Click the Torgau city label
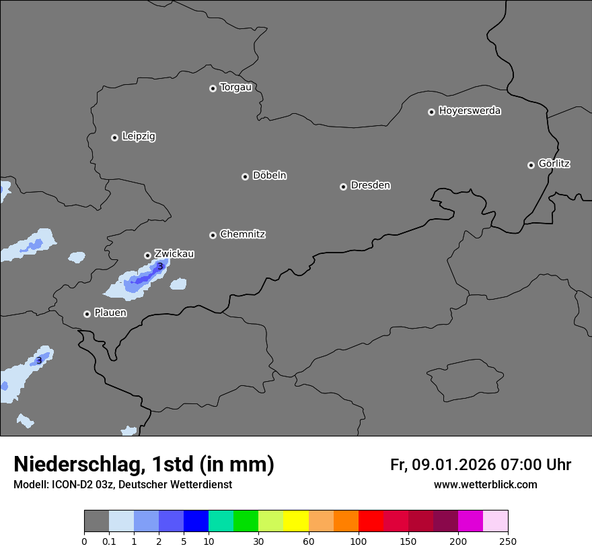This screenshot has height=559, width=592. pos(235,88)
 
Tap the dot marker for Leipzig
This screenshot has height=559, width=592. pos(114,137)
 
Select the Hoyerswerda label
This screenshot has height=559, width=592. pos(470,111)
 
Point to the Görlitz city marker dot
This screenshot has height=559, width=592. pos(531,165)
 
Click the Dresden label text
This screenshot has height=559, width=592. pos(370,185)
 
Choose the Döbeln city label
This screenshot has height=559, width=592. pos(269,176)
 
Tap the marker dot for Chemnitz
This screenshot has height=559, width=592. pos(213,235)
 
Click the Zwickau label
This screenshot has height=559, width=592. pos(174,254)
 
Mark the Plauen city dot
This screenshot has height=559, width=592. pos(87,314)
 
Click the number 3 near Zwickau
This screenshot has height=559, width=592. pos(160,267)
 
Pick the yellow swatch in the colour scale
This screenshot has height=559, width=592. pos(296,521)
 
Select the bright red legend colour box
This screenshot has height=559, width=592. pos(371,521)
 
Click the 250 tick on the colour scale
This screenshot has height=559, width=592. pos(508,541)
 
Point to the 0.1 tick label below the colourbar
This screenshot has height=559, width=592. pos(109,541)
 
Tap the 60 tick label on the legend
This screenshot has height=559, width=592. pos(309,541)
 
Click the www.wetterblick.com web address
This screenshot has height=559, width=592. pos(485,485)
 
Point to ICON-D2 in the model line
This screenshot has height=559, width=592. pos(75,485)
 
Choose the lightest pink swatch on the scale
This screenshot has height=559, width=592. pos(495,521)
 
